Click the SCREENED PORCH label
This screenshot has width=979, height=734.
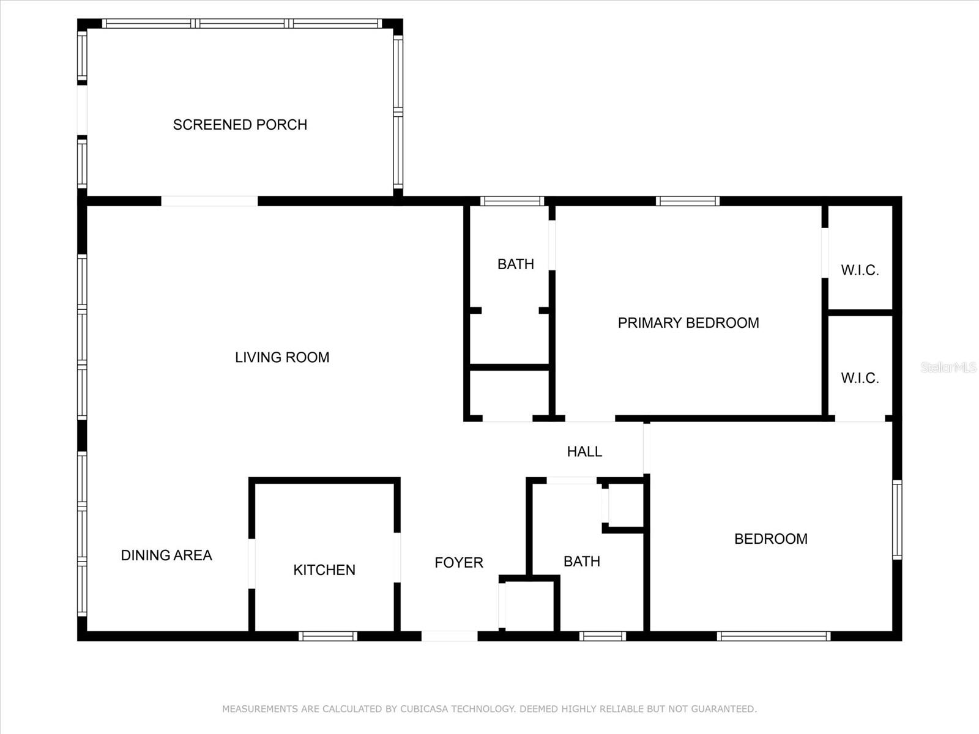point(240,125)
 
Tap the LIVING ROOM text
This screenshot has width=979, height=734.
point(282,357)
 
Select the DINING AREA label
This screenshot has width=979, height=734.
point(166,555)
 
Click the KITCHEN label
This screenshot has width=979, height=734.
point(324,570)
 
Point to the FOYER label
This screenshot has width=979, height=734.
point(459,563)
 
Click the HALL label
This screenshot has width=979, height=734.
point(584,451)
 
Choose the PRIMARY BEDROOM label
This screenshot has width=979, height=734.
point(688,323)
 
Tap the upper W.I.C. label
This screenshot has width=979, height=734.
point(860,270)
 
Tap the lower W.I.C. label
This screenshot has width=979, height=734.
point(860,378)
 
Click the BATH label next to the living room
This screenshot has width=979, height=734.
point(516,264)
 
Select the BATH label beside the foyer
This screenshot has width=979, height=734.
point(582,562)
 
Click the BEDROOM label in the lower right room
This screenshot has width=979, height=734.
point(771,539)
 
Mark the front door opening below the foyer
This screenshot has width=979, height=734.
point(449,636)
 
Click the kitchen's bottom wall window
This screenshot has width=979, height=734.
point(328,636)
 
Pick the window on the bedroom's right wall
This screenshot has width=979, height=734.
point(897,520)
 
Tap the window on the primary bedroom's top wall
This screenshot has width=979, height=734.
point(687,201)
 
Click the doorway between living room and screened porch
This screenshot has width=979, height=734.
point(209,201)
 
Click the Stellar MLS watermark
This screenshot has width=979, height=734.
point(948,367)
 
